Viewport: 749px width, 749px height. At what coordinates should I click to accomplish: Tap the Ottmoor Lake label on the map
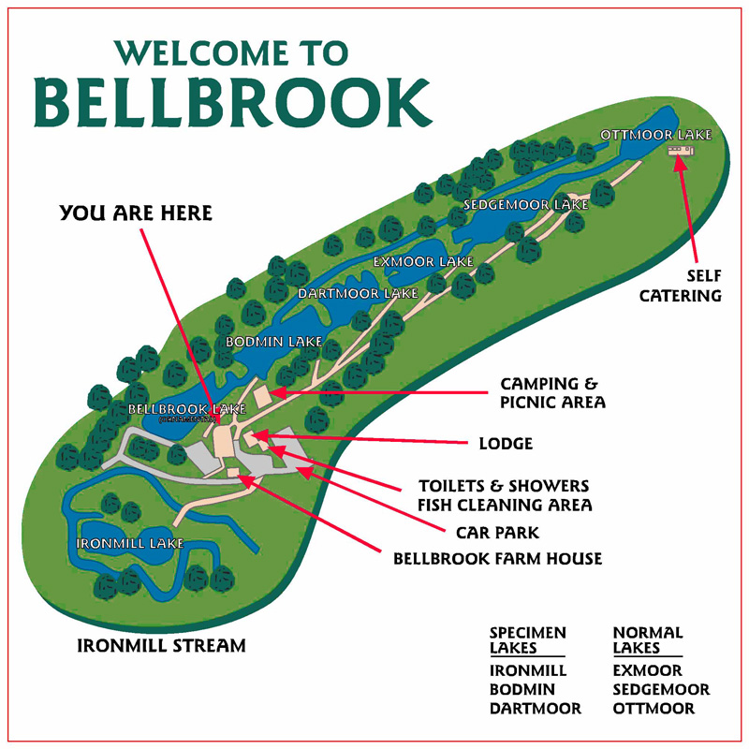[655, 135]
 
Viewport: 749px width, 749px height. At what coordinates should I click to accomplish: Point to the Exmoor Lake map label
[422, 261]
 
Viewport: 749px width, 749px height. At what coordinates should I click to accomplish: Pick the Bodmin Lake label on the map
[274, 342]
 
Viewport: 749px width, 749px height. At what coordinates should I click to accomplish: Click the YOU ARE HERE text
[136, 213]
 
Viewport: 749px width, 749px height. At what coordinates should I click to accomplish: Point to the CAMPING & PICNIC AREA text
[552, 393]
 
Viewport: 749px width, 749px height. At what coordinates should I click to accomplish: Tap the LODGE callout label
[506, 444]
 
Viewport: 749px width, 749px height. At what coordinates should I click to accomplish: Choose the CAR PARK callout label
[497, 533]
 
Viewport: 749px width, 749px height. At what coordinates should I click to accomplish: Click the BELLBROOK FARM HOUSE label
[496, 559]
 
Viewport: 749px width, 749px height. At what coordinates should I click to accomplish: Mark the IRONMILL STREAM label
[161, 645]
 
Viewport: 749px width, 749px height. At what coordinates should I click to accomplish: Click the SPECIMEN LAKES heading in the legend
[527, 640]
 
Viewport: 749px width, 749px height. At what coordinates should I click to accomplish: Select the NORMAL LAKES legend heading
[648, 640]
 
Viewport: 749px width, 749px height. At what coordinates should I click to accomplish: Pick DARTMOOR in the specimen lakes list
[535, 709]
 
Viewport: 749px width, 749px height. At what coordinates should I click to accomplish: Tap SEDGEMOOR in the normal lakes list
[661, 690]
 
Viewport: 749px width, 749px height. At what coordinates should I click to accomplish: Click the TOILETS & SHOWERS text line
[504, 486]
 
